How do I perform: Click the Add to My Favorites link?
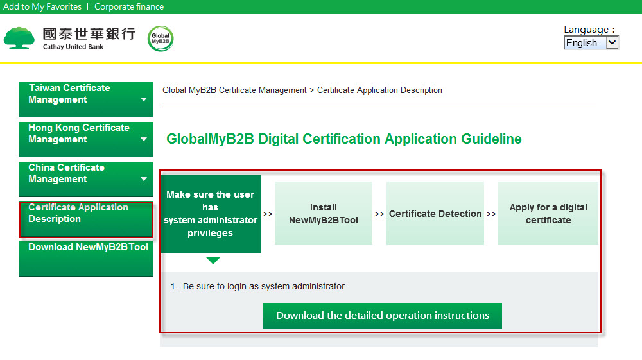tap(42, 6)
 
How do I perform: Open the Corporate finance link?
tap(129, 6)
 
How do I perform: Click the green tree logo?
tap(19, 38)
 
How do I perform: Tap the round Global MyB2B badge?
tap(160, 39)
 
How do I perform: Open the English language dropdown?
tap(591, 42)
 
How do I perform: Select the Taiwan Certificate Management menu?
tap(86, 99)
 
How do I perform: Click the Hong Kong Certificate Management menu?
tap(86, 139)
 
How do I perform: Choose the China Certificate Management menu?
tap(86, 179)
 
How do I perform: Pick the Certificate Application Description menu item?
tap(86, 219)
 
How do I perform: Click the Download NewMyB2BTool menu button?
tap(86, 259)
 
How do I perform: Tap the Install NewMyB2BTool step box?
tap(324, 214)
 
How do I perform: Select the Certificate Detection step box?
tap(435, 214)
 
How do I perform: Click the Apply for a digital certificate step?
tap(548, 214)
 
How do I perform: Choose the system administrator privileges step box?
tap(211, 214)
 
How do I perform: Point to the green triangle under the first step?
tap(213, 260)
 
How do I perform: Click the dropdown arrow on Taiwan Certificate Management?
tap(144, 99)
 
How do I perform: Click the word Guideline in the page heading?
tap(491, 139)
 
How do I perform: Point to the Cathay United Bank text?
tap(73, 47)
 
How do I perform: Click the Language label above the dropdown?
tap(586, 30)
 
